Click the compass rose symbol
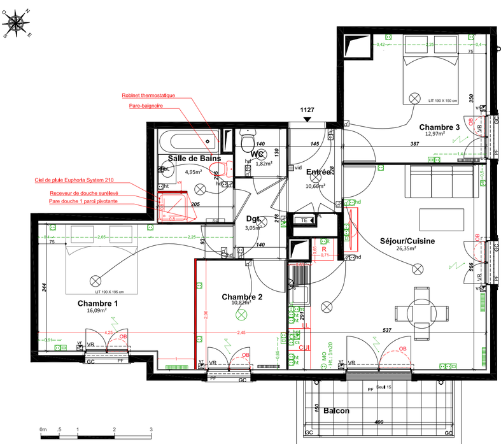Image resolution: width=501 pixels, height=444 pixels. (x=17, y=24)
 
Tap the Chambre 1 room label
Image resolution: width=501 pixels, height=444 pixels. (x=97, y=303)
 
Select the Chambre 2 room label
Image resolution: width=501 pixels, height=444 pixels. (x=242, y=297)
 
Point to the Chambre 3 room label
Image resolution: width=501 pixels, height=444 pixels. (x=439, y=127)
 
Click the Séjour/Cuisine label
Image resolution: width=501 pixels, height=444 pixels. (x=407, y=241)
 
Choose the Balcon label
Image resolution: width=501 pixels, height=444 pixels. (x=336, y=411)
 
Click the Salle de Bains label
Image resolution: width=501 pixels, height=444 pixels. (x=194, y=158)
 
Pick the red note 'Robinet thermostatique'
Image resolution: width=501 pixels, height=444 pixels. (x=148, y=96)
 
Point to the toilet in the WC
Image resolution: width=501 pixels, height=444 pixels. (x=248, y=139)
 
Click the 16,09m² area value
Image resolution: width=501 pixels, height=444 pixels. (x=97, y=312)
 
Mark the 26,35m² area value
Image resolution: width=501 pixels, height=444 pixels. (x=407, y=249)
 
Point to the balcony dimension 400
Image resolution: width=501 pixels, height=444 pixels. (x=379, y=422)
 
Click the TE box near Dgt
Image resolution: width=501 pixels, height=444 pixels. (x=304, y=220)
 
